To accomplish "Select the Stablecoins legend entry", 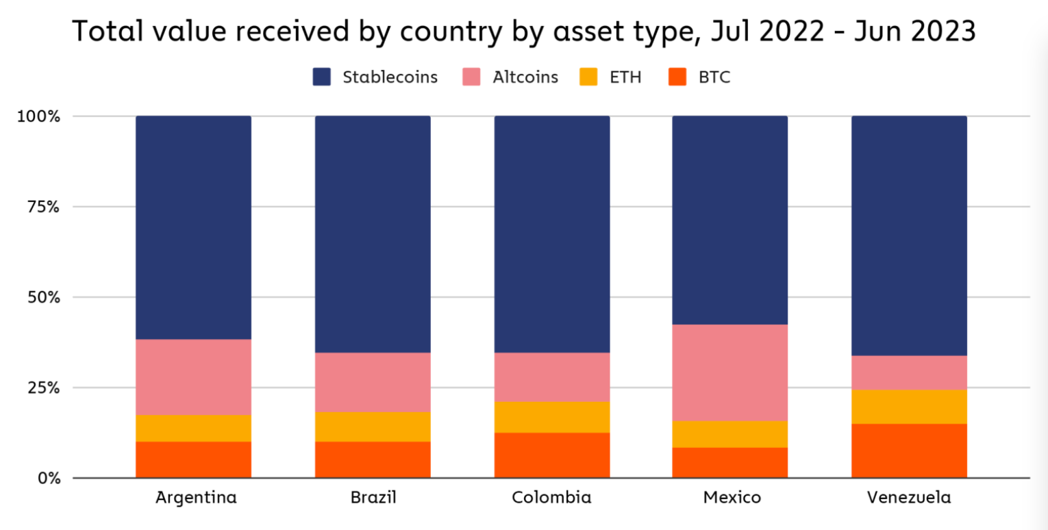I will (375, 77).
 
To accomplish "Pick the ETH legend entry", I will (612, 77).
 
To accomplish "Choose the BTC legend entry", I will (699, 77).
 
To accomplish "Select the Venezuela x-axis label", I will (909, 498).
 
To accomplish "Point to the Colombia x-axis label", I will (551, 498).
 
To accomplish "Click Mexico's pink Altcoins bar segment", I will (730, 373).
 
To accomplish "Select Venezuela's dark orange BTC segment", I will (909, 451).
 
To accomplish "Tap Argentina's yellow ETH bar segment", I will (194, 428).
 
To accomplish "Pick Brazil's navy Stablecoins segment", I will (373, 234).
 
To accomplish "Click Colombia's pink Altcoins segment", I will (551, 377).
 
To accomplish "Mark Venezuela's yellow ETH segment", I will (909, 406).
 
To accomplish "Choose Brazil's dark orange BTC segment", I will (373, 459).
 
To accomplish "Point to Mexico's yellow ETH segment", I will (730, 433).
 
